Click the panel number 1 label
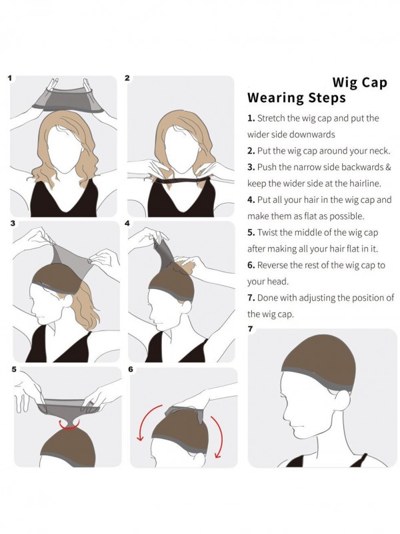click(10, 78)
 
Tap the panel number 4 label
click(127, 224)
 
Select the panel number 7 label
click(251, 329)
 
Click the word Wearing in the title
click(275, 97)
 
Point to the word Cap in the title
click(375, 82)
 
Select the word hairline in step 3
click(363, 184)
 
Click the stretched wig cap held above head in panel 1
click(68, 98)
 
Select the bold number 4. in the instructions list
click(251, 200)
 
